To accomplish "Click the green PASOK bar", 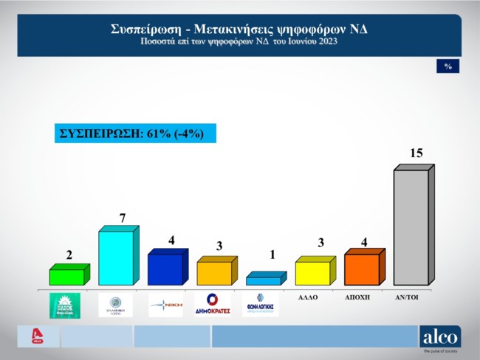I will [66, 277].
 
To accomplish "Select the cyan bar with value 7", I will [116, 258].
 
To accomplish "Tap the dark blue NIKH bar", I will [164, 269].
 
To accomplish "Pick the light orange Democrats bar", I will [214, 273].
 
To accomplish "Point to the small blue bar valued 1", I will [262, 280].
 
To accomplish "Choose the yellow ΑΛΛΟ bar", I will [312, 272].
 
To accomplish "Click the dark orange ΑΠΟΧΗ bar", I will [362, 269].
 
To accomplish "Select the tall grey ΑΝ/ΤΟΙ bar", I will [411, 227].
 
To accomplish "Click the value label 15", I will [416, 153].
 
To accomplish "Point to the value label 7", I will [122, 218].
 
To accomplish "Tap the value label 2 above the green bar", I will [69, 255].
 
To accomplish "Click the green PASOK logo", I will [64, 305].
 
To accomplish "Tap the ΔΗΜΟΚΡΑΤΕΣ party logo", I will [212, 304].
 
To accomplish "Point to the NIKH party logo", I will [163, 304].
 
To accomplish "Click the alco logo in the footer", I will [439, 336].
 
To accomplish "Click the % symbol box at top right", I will [448, 66].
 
